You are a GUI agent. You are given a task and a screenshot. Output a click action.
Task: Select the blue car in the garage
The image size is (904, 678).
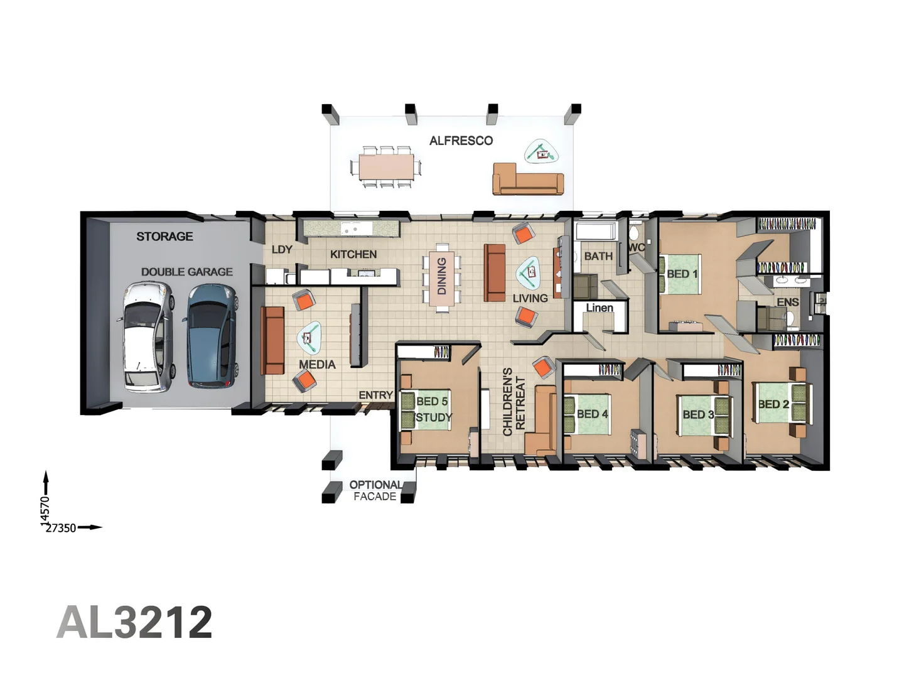click(x=213, y=336)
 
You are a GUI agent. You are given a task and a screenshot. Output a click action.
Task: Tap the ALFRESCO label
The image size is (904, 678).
click(x=461, y=141)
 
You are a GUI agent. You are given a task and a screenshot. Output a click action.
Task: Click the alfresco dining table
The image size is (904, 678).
click(x=386, y=167)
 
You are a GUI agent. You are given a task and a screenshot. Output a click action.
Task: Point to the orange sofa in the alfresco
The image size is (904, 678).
click(x=527, y=179)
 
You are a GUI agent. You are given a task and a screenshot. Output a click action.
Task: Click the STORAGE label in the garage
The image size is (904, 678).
click(x=164, y=236)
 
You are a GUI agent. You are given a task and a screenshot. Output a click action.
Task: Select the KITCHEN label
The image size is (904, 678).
click(x=353, y=254)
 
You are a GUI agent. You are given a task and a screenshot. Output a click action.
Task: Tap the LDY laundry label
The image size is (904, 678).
click(x=282, y=249)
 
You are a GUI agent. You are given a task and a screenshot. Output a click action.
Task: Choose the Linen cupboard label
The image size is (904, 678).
click(x=600, y=308)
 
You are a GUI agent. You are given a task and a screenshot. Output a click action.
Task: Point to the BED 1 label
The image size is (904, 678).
click(x=682, y=274)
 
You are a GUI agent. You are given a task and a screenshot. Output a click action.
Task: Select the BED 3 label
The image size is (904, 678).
click(x=699, y=414)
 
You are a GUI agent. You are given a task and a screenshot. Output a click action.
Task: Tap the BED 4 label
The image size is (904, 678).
click(x=592, y=414)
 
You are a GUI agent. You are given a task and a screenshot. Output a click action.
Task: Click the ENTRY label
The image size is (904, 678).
click(x=375, y=395)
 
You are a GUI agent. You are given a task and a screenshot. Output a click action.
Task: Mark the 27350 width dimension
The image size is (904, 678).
click(x=61, y=528)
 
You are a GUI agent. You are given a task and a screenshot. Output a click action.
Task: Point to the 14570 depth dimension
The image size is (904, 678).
click(x=45, y=511)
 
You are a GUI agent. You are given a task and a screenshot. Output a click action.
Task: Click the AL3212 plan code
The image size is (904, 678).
click(x=134, y=622)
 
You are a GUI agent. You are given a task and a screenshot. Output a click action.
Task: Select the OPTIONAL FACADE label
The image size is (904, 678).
click(x=375, y=491)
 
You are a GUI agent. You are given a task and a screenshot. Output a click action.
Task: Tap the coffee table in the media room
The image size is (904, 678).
click(x=308, y=337)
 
